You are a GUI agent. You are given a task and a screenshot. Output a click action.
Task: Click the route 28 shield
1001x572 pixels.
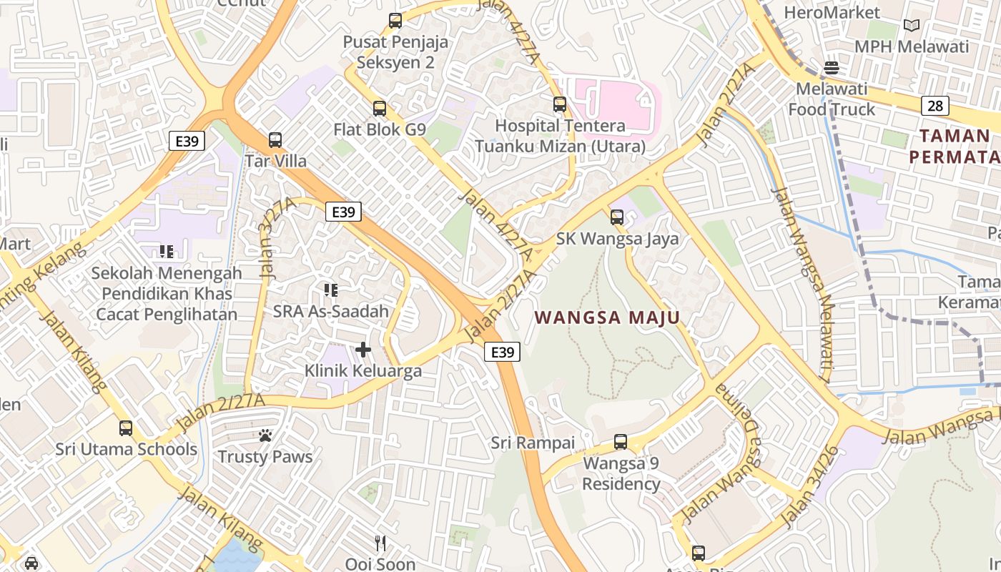[935, 106]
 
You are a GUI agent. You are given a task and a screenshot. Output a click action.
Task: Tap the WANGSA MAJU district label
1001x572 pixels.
[607, 317]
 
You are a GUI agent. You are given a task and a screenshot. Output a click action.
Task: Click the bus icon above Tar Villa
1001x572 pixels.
[275, 140]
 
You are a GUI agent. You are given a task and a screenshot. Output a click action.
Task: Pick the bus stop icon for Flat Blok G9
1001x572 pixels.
[380, 109]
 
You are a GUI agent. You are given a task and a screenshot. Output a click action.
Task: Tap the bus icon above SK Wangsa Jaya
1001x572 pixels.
[617, 217]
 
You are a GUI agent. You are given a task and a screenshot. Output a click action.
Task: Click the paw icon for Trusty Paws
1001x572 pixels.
[265, 435]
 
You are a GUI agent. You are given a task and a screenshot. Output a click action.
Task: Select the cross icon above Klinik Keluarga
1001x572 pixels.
[363, 350]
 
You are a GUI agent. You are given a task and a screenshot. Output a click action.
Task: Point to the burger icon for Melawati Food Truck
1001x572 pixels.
[832, 68]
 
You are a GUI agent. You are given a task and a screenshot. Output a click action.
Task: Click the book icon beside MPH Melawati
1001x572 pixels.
[912, 26]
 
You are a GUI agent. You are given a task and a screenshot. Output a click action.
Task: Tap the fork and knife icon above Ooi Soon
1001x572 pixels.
[380, 543]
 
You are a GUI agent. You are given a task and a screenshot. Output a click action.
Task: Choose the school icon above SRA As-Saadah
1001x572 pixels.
[330, 290]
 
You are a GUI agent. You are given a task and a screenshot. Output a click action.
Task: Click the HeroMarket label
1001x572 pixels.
[832, 12]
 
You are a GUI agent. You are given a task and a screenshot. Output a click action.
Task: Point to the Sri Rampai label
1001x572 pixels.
[533, 443]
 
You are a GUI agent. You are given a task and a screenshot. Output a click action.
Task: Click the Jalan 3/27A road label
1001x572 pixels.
[277, 237]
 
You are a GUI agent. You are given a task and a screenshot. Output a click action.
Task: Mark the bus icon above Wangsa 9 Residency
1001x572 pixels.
[621, 442]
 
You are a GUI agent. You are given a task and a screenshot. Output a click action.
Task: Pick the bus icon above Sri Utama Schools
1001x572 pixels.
[126, 428]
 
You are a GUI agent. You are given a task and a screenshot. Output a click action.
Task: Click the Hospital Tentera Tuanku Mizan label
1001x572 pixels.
[561, 136]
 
